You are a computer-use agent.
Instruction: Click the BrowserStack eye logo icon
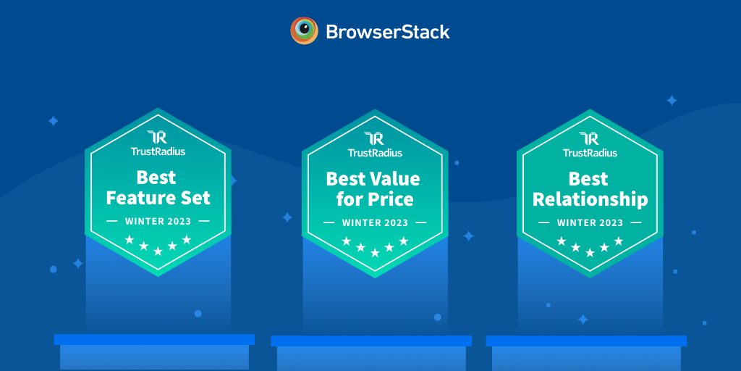point(305,30)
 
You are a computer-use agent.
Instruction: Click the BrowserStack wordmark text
point(388,32)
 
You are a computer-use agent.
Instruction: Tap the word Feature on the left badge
point(140,198)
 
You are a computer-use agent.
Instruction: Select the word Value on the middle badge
point(390,179)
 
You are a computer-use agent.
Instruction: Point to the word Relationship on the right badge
point(590,200)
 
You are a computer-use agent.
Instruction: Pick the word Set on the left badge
point(195,198)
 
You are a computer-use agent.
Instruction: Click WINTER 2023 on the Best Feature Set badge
point(158,221)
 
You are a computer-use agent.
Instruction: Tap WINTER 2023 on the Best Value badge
point(375,222)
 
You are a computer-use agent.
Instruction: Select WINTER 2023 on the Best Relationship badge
point(590,222)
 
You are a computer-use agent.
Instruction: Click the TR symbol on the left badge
point(158,138)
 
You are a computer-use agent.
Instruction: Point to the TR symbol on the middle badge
point(375,139)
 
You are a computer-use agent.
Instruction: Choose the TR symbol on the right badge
point(590,139)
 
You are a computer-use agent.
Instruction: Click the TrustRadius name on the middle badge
point(375,152)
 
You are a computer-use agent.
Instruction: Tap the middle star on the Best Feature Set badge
point(158,251)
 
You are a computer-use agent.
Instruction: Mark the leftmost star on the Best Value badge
point(347,241)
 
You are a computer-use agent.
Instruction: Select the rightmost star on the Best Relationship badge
point(618,241)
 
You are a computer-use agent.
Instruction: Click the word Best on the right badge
point(588,179)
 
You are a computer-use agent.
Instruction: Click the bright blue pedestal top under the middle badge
point(371,341)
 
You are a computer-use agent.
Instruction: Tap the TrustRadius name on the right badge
point(590,152)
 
